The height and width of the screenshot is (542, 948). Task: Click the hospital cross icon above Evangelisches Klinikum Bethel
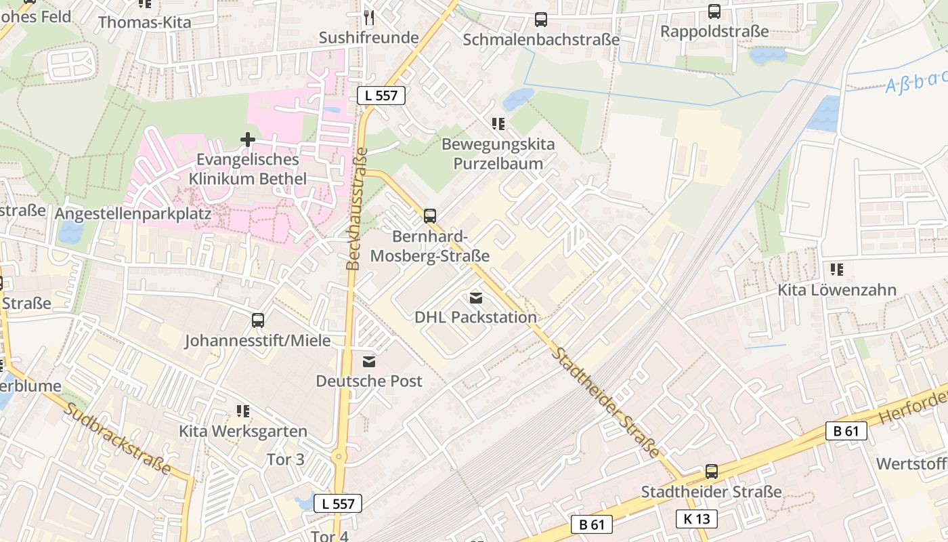pyautogui.click(x=248, y=140)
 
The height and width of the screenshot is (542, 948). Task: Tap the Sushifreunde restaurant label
pyautogui.click(x=368, y=37)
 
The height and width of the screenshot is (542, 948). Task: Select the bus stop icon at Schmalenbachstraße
pyautogui.click(x=540, y=19)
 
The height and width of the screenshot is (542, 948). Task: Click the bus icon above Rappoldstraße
pyautogui.click(x=714, y=11)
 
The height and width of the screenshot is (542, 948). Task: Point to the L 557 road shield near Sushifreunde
pyautogui.click(x=381, y=96)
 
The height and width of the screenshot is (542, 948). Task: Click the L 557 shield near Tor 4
pyautogui.click(x=338, y=503)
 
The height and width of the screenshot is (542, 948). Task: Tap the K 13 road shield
pyautogui.click(x=696, y=519)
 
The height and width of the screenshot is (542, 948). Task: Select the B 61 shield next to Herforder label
pyautogui.click(x=846, y=430)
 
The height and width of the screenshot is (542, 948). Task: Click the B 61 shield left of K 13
pyautogui.click(x=592, y=524)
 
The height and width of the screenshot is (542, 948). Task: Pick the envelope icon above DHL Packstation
pyautogui.click(x=475, y=297)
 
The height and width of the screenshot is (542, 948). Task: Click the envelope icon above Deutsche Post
pyautogui.click(x=369, y=362)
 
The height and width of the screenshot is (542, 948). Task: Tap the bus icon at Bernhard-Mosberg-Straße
pyautogui.click(x=430, y=216)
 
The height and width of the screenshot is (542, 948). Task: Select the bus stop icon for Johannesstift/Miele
pyautogui.click(x=257, y=320)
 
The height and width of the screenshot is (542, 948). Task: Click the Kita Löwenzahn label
pyautogui.click(x=837, y=290)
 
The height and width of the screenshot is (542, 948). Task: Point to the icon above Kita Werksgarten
pyautogui.click(x=243, y=411)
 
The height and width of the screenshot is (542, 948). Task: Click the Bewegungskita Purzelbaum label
pyautogui.click(x=498, y=154)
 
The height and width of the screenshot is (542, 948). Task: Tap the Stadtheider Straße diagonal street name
pyautogui.click(x=605, y=402)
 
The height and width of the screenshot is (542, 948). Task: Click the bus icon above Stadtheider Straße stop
pyautogui.click(x=711, y=472)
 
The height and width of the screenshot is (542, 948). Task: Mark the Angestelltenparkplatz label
pyautogui.click(x=133, y=213)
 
